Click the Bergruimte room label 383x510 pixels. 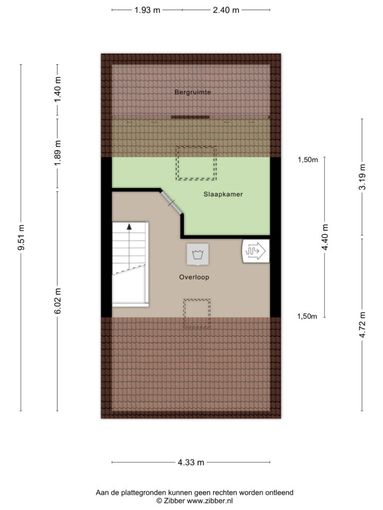pos(192,92)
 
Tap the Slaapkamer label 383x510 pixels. pos(223,195)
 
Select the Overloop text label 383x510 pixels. pos(194,277)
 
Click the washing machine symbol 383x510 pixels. pos(197,254)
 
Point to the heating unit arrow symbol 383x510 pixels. pos(256,251)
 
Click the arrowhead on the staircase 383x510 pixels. pos(129,227)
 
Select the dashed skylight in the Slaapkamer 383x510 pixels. pos(196,163)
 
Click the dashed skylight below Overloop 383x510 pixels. pos(196,314)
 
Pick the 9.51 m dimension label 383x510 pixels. pos(21,238)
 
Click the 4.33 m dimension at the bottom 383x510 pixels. pos(191,462)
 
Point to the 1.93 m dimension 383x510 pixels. pos(147,10)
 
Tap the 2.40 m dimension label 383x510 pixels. pos(226,10)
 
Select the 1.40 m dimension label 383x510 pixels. pos(58,90)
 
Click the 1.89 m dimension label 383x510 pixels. pos(58,153)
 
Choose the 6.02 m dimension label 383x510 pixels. pos(58,301)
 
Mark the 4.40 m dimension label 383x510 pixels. pos(325,237)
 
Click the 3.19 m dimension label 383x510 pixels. pos(362,177)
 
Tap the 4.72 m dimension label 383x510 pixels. pos(362,325)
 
